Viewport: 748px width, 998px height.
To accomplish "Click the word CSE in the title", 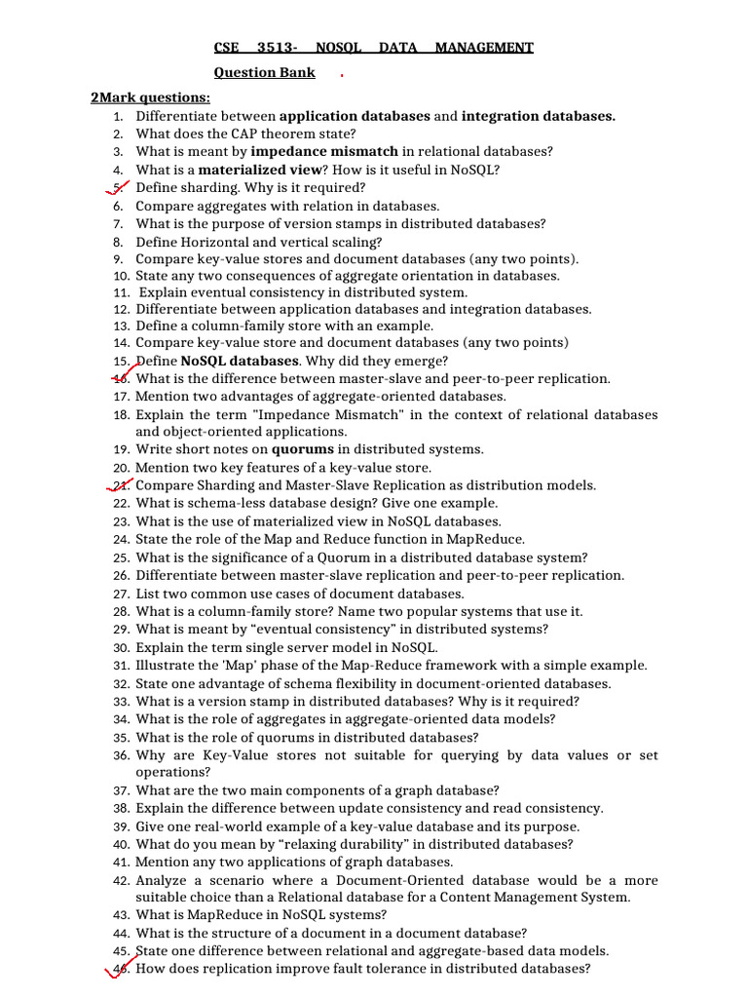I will coord(227,47).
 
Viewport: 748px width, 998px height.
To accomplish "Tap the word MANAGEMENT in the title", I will coord(484,47).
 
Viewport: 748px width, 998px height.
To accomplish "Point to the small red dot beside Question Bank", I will coord(342,74).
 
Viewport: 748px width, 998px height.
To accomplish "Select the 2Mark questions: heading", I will coord(150,97).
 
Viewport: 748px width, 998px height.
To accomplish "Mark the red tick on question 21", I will coord(121,484).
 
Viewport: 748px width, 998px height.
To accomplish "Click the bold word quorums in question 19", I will coord(302,450).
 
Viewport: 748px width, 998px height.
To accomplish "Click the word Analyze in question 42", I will coord(161,880).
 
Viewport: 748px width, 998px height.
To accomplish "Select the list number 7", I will coord(117,223).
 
